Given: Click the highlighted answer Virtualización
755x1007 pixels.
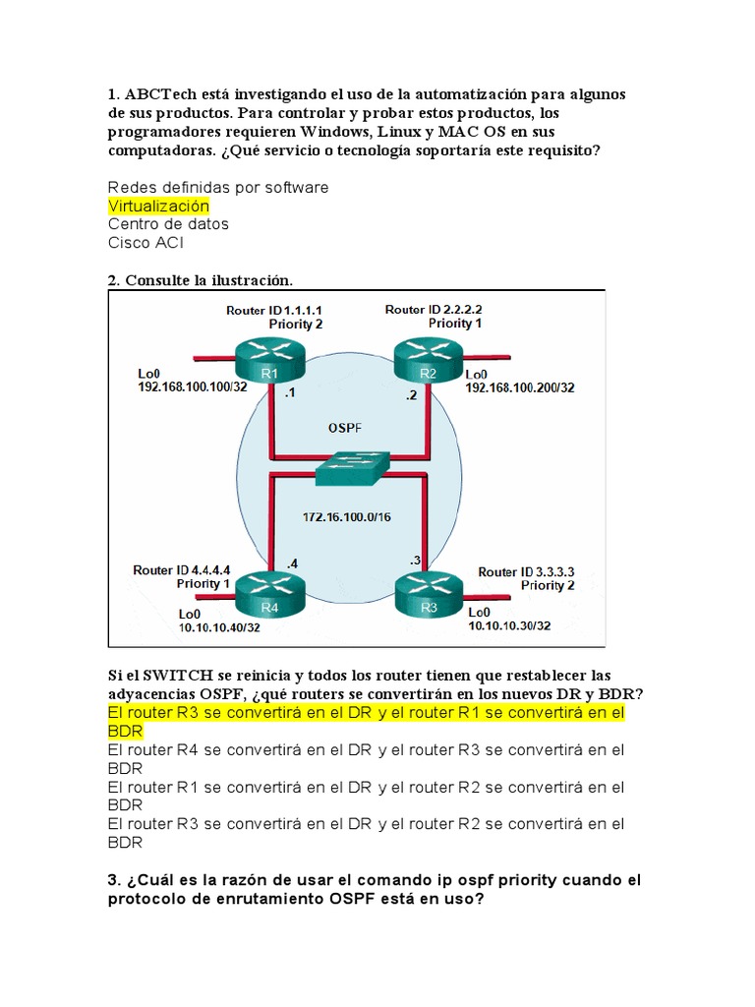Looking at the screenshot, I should point(158,206).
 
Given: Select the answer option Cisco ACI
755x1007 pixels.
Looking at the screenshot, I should point(145,242).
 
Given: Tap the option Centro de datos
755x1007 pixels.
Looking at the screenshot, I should point(168,223).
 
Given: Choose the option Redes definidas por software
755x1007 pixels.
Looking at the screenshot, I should point(218,187).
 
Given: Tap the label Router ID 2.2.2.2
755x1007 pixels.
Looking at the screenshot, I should point(434,309).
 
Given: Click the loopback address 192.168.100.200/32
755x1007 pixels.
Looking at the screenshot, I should point(520,387).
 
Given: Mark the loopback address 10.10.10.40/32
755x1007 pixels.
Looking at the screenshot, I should point(219,626).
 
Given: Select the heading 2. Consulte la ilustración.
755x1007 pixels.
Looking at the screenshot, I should point(201,280).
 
